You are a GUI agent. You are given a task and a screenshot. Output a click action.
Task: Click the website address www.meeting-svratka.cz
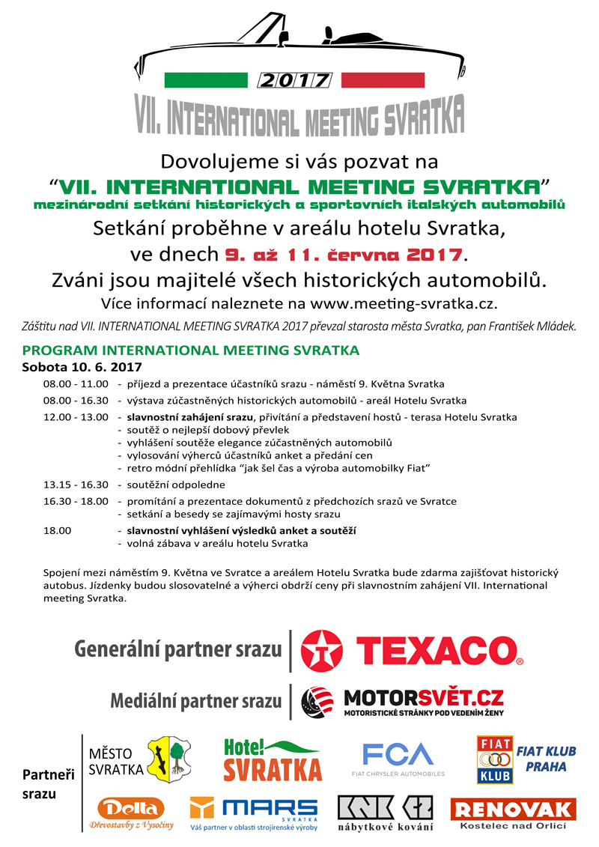pos(403,303)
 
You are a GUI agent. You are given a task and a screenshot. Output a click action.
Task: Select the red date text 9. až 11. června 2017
pos(344,254)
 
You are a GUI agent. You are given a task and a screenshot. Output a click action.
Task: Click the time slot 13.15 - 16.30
pos(76,485)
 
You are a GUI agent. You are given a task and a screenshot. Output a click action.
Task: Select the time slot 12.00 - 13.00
pos(76,417)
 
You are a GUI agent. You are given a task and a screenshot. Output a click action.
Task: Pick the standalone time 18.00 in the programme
pos(57,530)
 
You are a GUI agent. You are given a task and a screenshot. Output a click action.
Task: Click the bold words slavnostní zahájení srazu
pos(189,417)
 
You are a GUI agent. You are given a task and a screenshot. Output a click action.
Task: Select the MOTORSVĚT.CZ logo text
pos(423,699)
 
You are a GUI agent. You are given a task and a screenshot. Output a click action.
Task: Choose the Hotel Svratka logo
pos(273,759)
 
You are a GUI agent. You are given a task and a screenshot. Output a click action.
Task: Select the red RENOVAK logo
pos(513,810)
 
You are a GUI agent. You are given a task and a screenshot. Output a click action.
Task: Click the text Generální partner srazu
pos(177,649)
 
